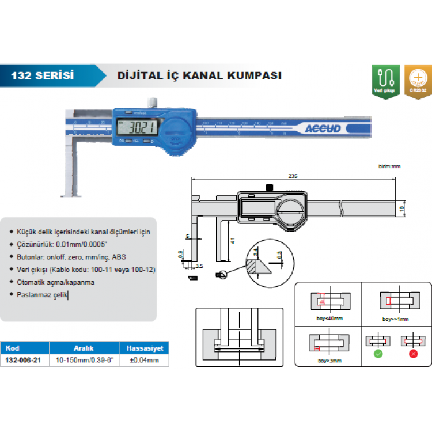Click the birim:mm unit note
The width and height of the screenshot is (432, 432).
click(x=389, y=166)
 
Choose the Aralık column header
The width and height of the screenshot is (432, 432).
click(x=84, y=348)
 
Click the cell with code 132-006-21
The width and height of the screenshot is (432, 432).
click(x=24, y=360)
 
